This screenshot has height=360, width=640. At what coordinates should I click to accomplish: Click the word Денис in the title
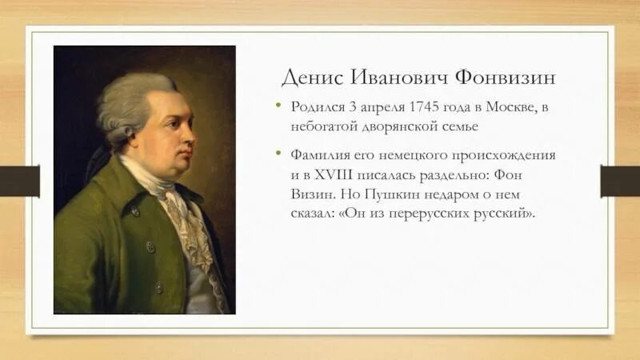[x=309, y=78]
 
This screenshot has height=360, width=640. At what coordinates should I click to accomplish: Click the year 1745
[x=426, y=107]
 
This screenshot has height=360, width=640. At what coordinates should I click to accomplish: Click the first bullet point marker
[x=279, y=106]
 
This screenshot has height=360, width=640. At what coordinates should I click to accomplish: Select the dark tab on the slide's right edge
[x=619, y=181]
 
